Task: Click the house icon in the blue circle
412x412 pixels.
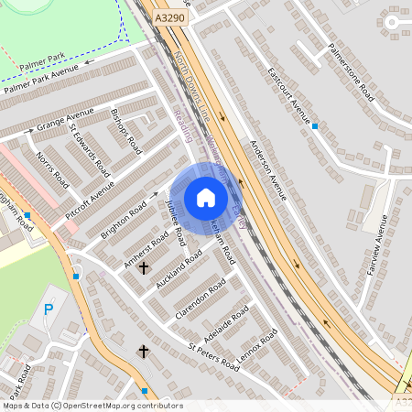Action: point(205,198)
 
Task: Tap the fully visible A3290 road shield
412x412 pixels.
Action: point(168,17)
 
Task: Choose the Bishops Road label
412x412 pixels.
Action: point(126,131)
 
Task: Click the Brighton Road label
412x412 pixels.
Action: point(124,220)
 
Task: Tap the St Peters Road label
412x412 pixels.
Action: point(213,358)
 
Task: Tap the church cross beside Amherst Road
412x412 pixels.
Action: point(143,268)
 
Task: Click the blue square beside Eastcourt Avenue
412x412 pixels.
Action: point(315,125)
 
